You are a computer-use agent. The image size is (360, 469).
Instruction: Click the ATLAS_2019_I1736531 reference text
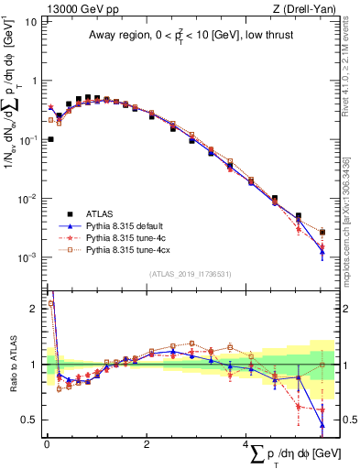click(191, 274)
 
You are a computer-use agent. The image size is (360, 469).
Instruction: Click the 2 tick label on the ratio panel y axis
click(33, 309)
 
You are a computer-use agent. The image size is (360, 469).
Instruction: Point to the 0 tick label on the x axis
click(47, 443)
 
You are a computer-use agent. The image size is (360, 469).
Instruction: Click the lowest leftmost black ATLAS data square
click(49, 139)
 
